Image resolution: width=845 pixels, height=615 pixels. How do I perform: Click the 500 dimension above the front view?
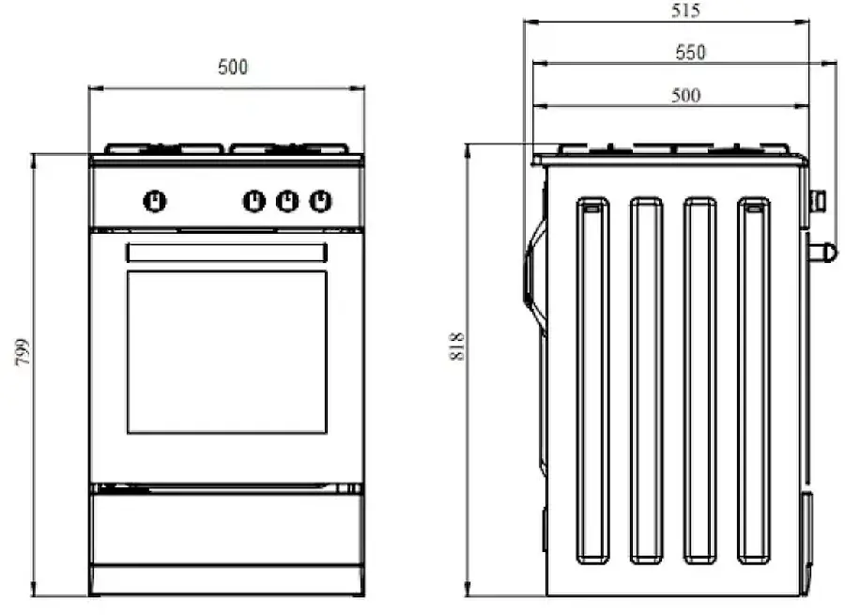point(232,68)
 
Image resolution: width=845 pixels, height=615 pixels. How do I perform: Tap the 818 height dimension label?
point(457,348)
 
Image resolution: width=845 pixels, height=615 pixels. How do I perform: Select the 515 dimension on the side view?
point(687,11)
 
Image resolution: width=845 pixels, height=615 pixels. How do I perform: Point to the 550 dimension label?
point(690,53)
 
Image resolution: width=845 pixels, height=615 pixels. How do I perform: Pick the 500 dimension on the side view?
point(685,95)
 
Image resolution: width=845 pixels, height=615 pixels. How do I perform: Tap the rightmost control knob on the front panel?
point(320,200)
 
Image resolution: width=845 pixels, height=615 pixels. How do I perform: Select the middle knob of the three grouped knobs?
point(287,200)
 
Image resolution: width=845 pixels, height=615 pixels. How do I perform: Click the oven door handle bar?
point(226,253)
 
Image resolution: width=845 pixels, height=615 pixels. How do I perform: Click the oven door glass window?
point(226,352)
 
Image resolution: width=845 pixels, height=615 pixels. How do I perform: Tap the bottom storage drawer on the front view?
point(226,530)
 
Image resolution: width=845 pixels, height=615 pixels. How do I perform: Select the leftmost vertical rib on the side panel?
point(592,380)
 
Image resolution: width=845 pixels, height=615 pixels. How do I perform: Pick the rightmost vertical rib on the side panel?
point(753,380)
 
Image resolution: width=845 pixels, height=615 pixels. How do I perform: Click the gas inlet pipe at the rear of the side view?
point(823,251)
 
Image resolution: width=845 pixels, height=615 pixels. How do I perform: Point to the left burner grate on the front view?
point(163,148)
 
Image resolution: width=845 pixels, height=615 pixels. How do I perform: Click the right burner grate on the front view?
point(289,148)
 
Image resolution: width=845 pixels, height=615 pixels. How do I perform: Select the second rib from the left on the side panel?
point(646,380)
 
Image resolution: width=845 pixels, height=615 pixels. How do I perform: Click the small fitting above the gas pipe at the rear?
point(817,199)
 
